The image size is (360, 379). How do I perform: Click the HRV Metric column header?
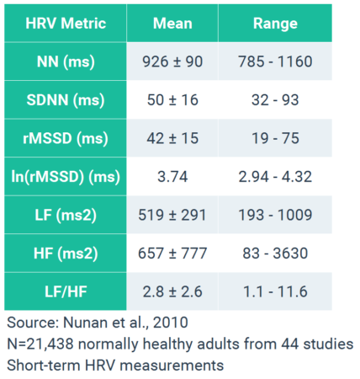click(65, 23)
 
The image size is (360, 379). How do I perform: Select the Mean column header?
click(172, 23)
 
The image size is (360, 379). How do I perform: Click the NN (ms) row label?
click(65, 61)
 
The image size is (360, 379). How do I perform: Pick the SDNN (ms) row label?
click(65, 100)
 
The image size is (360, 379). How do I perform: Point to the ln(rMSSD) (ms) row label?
click(65, 177)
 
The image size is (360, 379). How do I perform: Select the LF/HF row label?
click(65, 291)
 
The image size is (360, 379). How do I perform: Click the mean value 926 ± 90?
click(172, 61)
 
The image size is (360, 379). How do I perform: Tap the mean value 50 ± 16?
click(172, 100)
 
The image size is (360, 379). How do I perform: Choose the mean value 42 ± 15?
click(172, 138)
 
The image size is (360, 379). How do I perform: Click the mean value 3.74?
click(172, 177)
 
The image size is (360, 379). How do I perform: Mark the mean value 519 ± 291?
click(172, 215)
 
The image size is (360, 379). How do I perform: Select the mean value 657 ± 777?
click(172, 254)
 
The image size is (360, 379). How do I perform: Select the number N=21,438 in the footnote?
click(42, 344)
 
